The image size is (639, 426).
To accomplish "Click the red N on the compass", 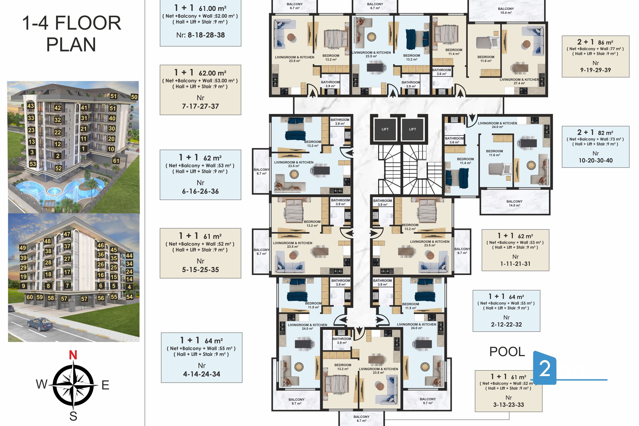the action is click(x=73, y=355).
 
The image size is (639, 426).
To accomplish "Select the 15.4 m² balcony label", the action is click(x=506, y=11).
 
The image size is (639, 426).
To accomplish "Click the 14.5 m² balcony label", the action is click(x=514, y=203).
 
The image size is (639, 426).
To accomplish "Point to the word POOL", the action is click(x=507, y=352).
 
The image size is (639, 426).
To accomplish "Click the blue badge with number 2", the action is click(x=544, y=368).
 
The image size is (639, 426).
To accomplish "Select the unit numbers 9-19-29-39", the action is click(x=596, y=70).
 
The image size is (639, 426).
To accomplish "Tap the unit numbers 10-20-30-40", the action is click(x=596, y=161).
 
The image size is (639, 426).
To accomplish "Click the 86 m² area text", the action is click(x=605, y=42).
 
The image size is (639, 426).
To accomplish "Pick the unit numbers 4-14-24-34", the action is click(x=201, y=374).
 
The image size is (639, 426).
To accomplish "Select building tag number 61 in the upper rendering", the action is click(x=116, y=161).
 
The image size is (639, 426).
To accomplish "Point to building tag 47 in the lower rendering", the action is click(x=67, y=234).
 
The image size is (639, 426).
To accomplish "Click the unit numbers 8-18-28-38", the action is click(x=206, y=35).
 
